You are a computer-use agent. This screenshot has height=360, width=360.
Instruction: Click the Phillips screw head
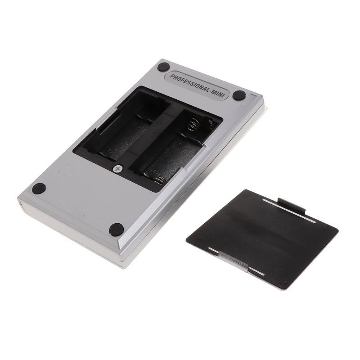pyautogui.click(x=117, y=169)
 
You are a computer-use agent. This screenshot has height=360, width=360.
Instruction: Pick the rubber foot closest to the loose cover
pyautogui.click(x=116, y=229)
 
